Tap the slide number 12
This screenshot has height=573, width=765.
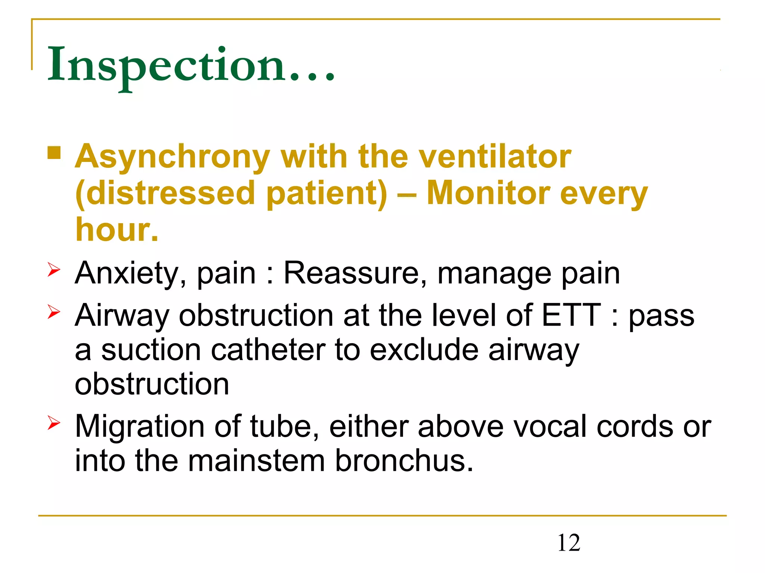coord(569,543)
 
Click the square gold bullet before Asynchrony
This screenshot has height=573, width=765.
coord(54,153)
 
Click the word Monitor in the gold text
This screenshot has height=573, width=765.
coord(488,193)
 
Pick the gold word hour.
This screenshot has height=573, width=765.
coord(117,229)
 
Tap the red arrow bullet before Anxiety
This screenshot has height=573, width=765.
coord(54,269)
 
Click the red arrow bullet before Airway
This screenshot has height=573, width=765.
coord(54,311)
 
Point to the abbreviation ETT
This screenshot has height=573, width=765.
coord(571,315)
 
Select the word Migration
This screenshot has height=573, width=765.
coord(140,427)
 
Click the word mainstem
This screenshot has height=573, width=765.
coord(256,461)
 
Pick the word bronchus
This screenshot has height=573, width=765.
coord(404,461)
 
